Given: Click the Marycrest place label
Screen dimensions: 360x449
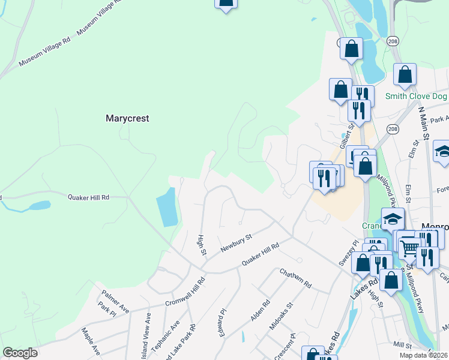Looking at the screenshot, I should (x=127, y=118).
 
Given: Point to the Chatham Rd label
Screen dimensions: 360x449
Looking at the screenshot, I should (x=296, y=277).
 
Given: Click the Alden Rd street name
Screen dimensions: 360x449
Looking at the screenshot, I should (x=261, y=310).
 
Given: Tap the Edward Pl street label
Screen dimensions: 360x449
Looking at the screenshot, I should (x=224, y=322).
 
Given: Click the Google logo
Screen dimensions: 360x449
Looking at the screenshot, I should (x=20, y=353).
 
